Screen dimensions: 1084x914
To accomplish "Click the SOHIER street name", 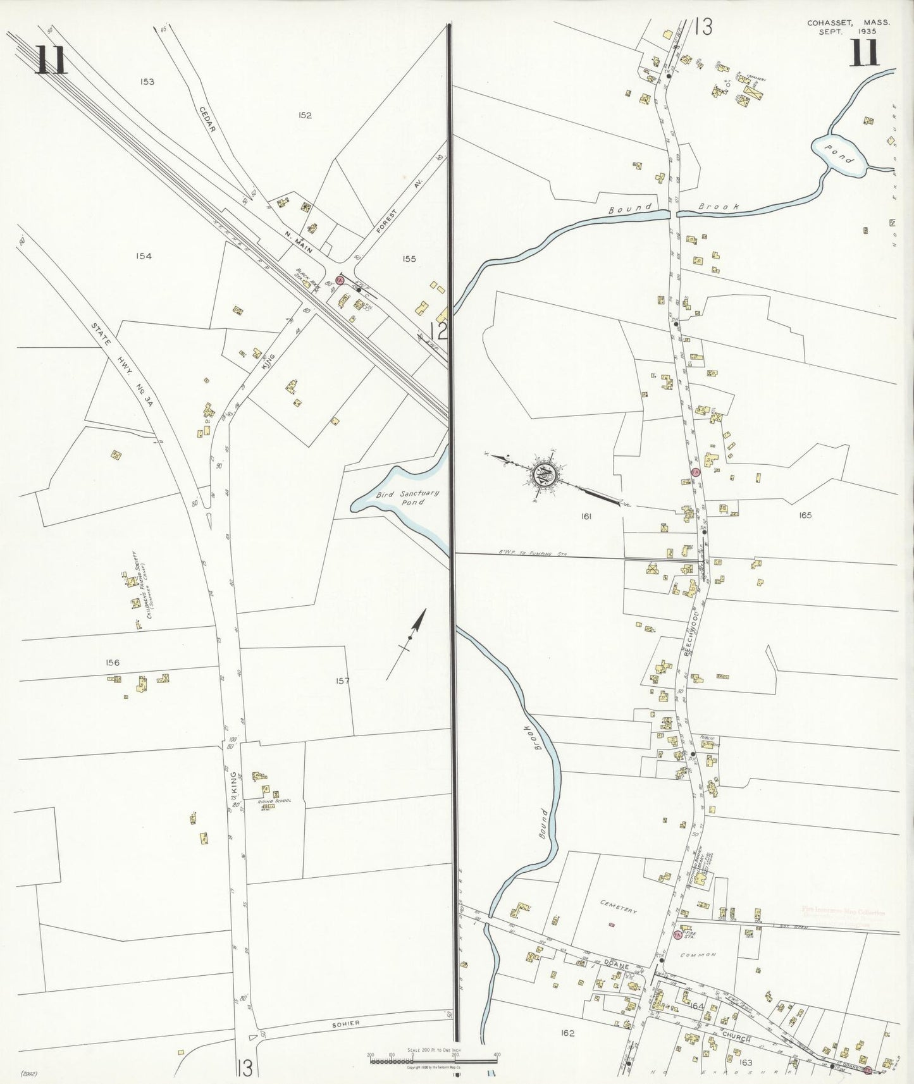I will pyautogui.click(x=345, y=1023).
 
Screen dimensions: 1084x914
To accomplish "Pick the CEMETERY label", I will pyautogui.click(x=618, y=906).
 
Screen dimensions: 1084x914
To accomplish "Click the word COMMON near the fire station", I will pyautogui.click(x=699, y=955).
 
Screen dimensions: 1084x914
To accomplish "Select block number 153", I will pyautogui.click(x=147, y=82).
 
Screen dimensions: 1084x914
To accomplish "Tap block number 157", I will pyautogui.click(x=342, y=681).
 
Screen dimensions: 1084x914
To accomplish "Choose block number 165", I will pyautogui.click(x=805, y=515).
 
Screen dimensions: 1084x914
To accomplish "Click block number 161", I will pyautogui.click(x=586, y=517).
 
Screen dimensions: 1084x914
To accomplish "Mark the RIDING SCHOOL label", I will pyautogui.click(x=275, y=802).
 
